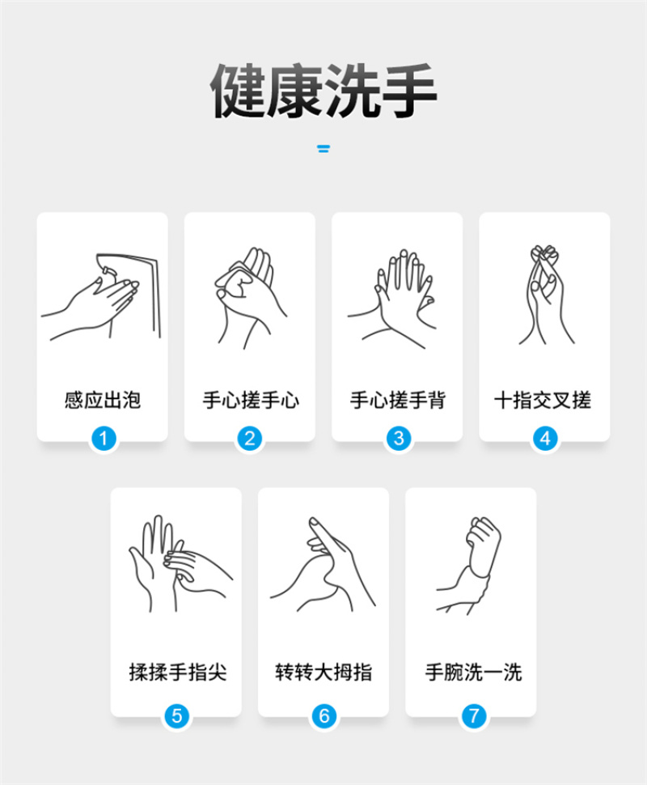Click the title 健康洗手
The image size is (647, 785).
coord(323,91)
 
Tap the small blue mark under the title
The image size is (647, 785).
coord(323,148)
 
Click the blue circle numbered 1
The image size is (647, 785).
coord(104,439)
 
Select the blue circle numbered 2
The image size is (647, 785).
coord(250,439)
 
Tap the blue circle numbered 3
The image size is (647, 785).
coord(399,439)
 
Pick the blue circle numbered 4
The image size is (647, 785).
coord(545,439)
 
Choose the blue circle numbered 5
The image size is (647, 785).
coord(176,716)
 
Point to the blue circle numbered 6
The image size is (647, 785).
coord(323,716)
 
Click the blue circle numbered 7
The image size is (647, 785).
coord(473,716)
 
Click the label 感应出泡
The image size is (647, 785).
coord(103,400)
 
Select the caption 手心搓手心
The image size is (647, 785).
coord(251,400)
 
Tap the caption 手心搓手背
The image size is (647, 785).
coord(398,400)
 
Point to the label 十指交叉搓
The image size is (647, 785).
coord(543,400)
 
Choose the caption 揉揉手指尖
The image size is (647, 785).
coord(178,672)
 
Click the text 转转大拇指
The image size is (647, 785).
coord(323,672)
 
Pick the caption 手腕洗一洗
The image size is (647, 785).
coord(473,672)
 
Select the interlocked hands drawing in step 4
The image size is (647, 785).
coord(545,295)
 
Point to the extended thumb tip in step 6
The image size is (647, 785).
coord(313,522)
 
